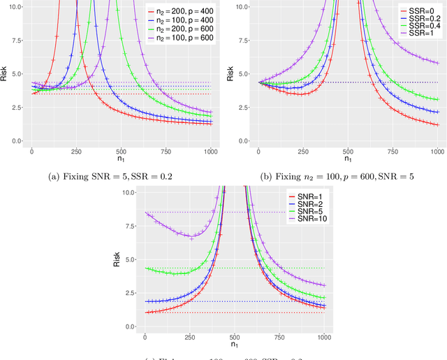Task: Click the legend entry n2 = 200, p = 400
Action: pyautogui.click(x=180, y=12)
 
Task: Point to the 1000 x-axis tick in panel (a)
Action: pyautogui.click(x=210, y=151)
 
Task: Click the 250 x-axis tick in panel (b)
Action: pyautogui.click(x=303, y=151)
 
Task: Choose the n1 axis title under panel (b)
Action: pyautogui.click(x=347, y=160)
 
